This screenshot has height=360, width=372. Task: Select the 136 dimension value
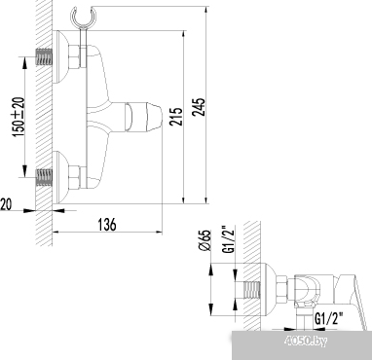[107, 225]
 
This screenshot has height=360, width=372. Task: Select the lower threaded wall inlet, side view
[43, 178]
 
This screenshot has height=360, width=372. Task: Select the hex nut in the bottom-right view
[280, 290]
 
